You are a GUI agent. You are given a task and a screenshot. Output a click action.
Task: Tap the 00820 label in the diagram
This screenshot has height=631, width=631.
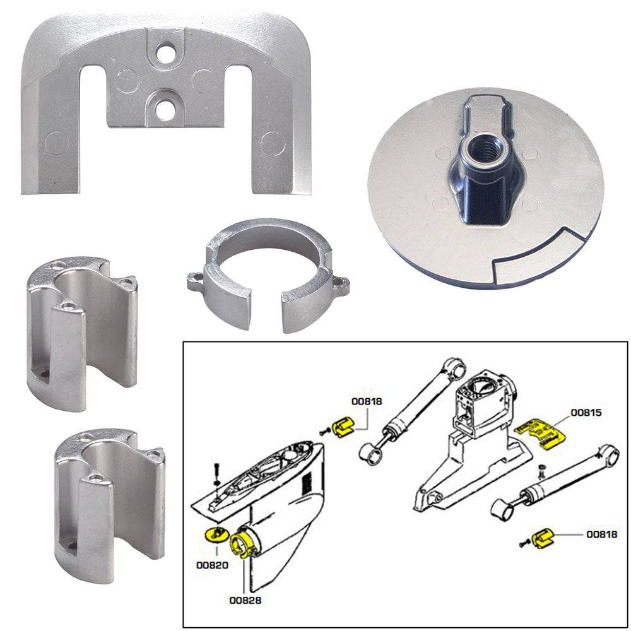[215, 566]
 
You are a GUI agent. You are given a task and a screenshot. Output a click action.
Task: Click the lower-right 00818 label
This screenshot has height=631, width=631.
[601, 534]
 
